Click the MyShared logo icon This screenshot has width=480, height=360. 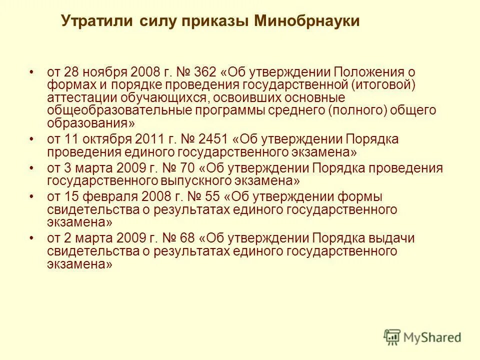click(x=392, y=337)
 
